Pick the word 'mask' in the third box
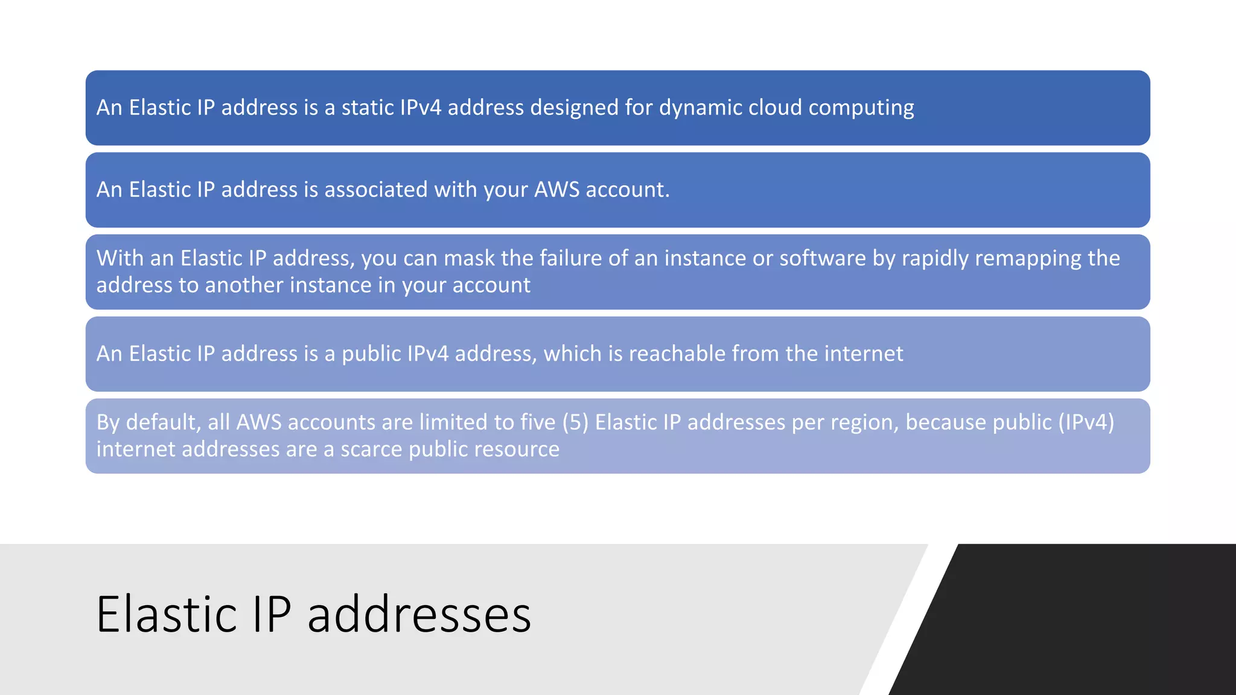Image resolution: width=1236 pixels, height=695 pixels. coord(469,258)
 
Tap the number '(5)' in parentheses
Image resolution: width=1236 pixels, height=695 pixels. coord(575,422)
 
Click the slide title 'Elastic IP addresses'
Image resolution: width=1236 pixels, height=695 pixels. coord(313,614)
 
